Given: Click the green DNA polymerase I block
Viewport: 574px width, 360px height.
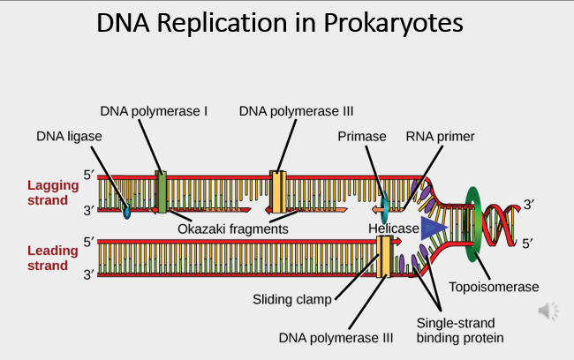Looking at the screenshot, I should [x=161, y=192].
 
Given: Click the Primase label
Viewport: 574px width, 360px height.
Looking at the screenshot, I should [x=362, y=136].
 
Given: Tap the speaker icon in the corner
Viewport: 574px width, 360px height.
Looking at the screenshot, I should [x=548, y=310].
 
